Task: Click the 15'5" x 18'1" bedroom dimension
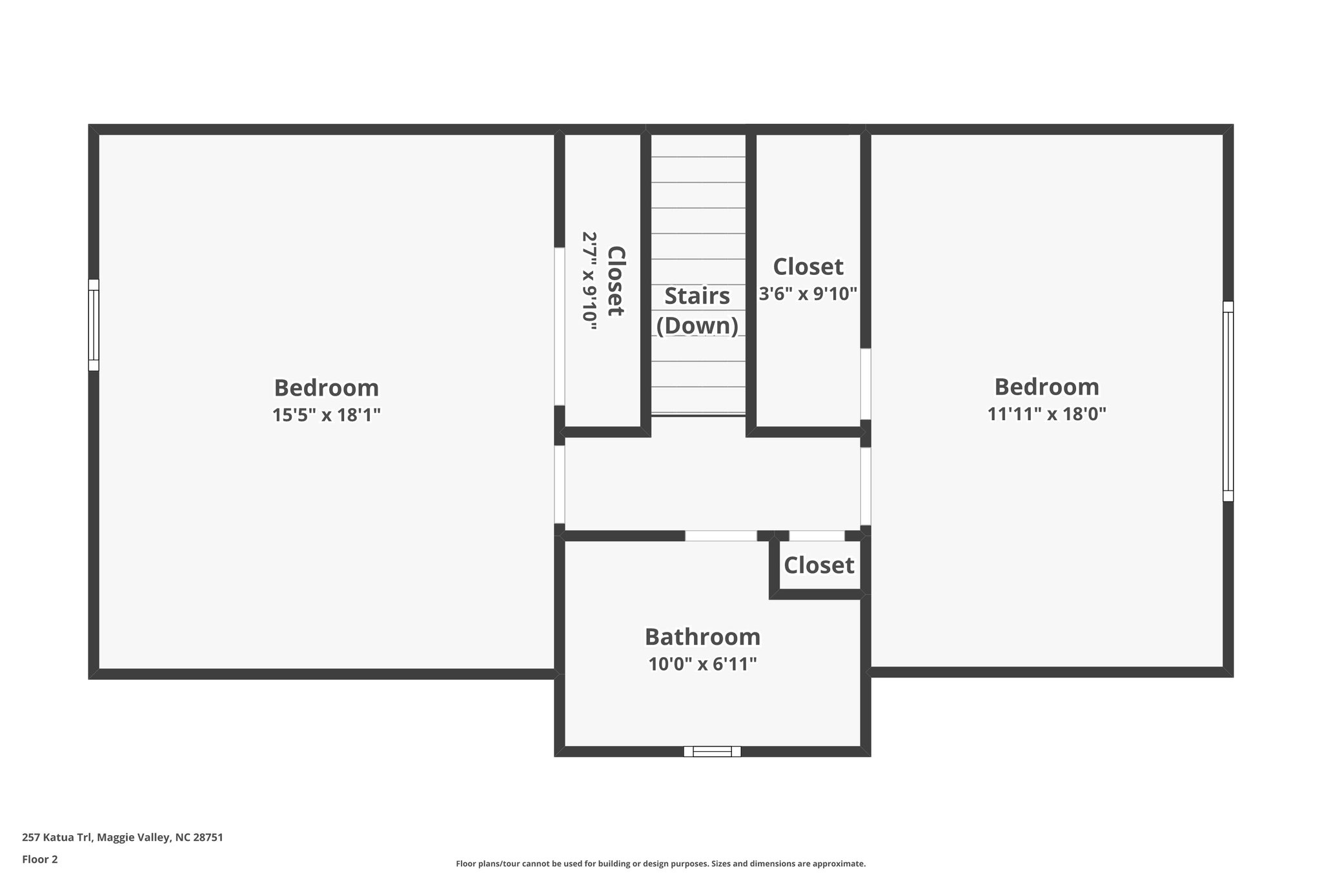[326, 415]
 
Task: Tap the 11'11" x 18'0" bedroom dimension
[1046, 414]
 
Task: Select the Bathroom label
[702, 637]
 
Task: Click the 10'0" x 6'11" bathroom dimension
[702, 664]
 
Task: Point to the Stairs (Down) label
[697, 311]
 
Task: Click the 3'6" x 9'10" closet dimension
[808, 294]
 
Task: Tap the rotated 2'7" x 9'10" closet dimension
[589, 281]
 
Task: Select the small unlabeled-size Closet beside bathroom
[819, 566]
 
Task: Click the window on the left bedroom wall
[94, 325]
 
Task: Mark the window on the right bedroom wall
[1228, 401]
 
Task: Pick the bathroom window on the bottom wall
[712, 751]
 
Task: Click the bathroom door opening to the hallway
[720, 536]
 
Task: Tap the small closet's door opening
[817, 536]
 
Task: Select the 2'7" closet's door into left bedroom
[560, 326]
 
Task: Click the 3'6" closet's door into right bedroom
[866, 384]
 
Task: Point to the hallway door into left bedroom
[560, 484]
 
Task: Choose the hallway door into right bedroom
[866, 487]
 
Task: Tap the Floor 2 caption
[40, 859]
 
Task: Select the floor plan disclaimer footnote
[660, 864]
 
